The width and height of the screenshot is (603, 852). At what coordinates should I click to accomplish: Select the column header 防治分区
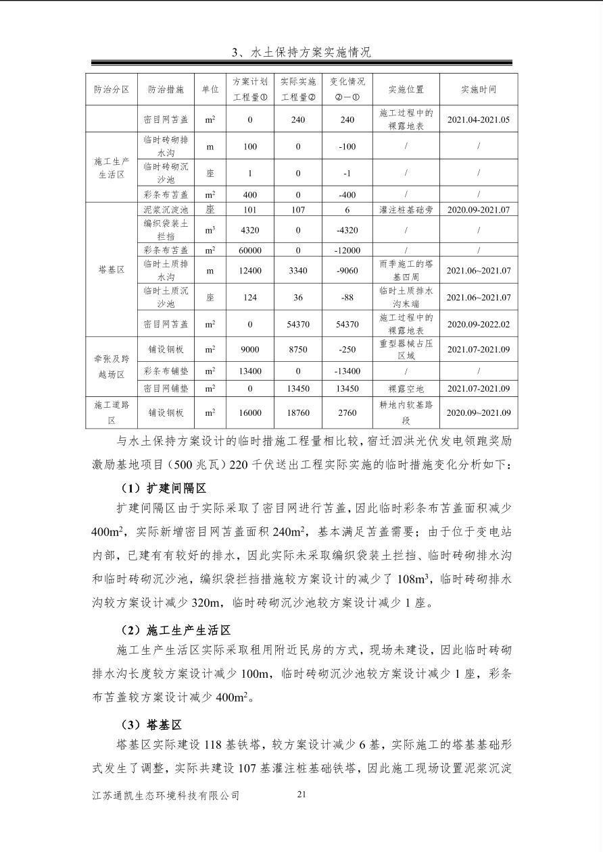point(112,90)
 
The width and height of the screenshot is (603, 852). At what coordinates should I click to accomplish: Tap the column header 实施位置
point(406,90)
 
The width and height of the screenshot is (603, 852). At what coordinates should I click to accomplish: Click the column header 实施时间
point(479,90)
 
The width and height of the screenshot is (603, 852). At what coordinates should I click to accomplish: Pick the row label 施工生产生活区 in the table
point(112,168)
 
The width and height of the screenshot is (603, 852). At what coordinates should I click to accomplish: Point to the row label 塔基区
point(112,270)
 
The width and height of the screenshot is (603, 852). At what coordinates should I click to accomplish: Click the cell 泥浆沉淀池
point(166,210)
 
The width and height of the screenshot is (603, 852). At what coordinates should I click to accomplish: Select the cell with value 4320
point(250,230)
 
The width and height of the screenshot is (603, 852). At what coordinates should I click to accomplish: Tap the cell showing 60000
point(250,250)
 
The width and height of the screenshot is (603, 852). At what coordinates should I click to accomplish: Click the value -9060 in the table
point(347,271)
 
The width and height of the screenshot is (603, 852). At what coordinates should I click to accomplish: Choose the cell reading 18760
point(298,412)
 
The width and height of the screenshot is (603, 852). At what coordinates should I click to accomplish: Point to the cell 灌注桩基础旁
point(406,210)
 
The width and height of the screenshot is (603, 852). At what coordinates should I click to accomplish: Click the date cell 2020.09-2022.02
point(479,324)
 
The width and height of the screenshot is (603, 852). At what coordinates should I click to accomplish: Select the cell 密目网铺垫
point(166,388)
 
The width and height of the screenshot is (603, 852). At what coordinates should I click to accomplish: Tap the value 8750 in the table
point(298,350)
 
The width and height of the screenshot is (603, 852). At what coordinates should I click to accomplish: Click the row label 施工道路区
point(112,412)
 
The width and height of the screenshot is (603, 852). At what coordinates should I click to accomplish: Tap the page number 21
point(301,794)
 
